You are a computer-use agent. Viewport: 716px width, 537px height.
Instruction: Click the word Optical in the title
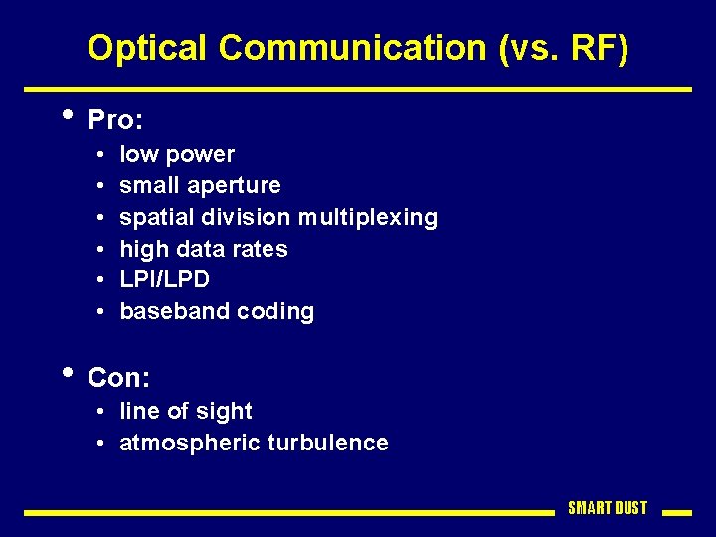pos(148,48)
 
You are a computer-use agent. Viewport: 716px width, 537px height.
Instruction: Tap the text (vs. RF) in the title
pos(564,48)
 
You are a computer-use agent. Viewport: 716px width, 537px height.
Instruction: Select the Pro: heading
pos(116,121)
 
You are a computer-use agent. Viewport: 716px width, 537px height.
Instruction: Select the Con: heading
pos(118,378)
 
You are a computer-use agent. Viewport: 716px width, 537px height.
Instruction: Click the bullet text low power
pos(177,154)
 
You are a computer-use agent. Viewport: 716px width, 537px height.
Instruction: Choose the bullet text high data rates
pos(203,249)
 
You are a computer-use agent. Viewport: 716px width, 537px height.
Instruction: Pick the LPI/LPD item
pos(164,279)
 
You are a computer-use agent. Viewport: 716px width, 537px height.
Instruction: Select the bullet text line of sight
pos(185,411)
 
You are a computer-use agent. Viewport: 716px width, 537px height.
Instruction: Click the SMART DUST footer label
pos(607,508)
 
